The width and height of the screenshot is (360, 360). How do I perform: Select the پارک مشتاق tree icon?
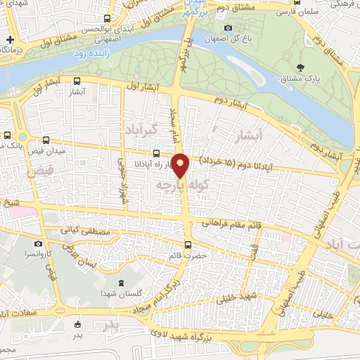[302, 67]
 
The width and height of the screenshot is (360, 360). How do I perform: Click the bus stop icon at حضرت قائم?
[188, 245]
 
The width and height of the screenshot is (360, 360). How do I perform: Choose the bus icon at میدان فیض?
[46, 139]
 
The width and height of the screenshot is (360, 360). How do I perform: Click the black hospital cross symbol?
[10, 39]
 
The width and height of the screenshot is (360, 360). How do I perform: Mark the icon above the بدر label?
[78, 324]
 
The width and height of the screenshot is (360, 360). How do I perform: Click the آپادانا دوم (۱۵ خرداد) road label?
[232, 161]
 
